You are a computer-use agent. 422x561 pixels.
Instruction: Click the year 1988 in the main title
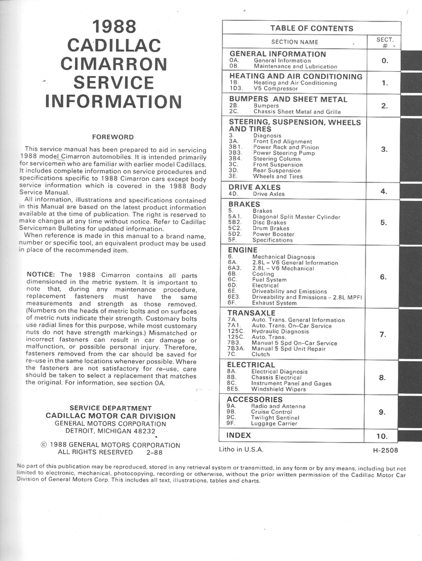(114, 27)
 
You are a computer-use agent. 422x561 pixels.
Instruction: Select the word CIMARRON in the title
(114, 64)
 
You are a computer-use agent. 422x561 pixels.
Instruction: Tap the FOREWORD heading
(113, 137)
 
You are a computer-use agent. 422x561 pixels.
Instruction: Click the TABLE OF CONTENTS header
(311, 28)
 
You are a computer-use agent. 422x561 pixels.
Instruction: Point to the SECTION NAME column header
(294, 42)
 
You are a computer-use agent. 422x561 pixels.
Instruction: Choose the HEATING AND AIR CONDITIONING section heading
(296, 76)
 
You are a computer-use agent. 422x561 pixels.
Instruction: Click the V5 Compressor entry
(276, 88)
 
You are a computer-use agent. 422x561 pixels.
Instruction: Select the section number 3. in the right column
(384, 149)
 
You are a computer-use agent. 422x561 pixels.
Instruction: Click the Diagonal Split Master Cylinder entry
(296, 217)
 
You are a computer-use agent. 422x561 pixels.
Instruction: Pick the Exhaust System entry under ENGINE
(274, 302)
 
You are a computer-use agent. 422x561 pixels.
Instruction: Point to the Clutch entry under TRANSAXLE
(261, 354)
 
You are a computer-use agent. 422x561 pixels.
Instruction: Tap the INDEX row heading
(239, 435)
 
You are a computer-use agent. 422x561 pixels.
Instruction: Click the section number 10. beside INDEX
(382, 436)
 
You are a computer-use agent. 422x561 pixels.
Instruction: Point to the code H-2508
(385, 450)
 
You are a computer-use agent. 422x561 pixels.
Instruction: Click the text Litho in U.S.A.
(241, 449)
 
